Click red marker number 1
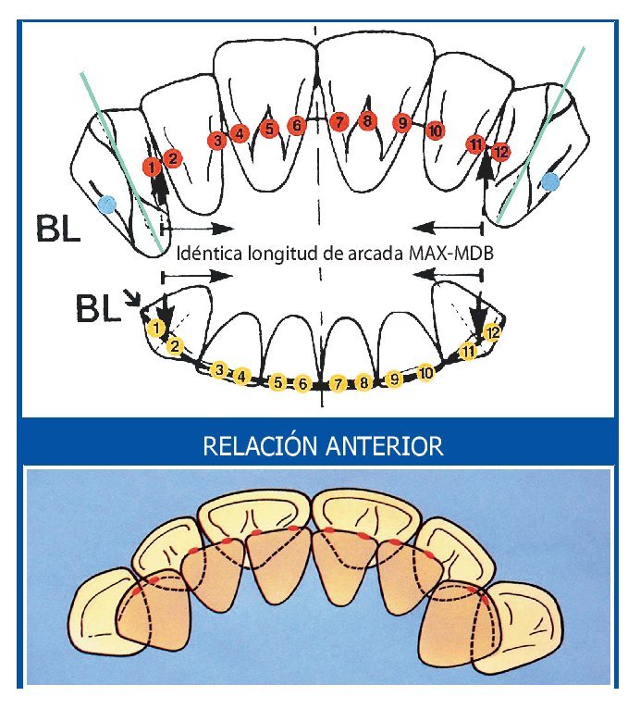pos(152,166)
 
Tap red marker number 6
pos(297,126)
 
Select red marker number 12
pos(500,152)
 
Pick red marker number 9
pos(401,123)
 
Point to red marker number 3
pos(217,141)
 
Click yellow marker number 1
pos(158,329)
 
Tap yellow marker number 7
pos(339,383)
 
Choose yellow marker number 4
pos(242,376)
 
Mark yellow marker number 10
pos(425,373)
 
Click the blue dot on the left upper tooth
pos(107,202)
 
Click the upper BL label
pos(56,226)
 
